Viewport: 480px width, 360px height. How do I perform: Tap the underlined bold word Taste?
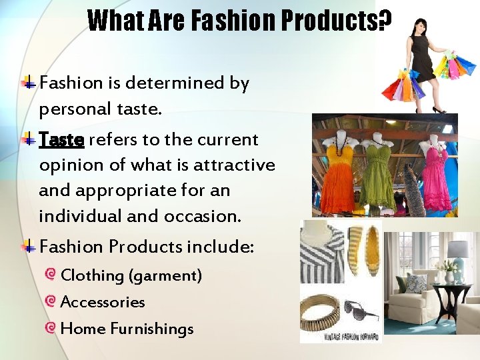pos(61,140)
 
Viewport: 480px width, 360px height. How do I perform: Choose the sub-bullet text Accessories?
pos(103,302)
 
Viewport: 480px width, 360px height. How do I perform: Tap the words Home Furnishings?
pos(127,329)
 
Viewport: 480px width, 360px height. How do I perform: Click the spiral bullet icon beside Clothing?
pos(51,275)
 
